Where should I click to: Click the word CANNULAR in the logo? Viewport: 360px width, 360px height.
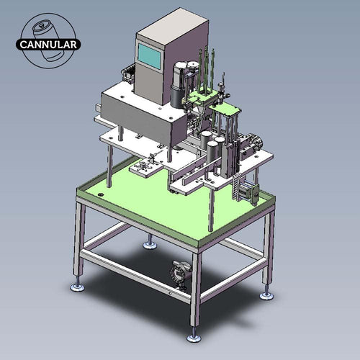tap(49, 43)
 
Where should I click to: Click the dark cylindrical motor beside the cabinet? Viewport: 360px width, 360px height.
tap(177, 90)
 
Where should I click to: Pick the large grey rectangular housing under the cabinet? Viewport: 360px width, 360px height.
tap(140, 115)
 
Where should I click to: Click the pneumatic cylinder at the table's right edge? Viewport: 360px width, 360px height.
tap(250, 191)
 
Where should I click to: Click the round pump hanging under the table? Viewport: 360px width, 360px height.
tap(177, 274)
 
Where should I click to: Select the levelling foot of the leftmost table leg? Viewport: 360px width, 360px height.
tap(77, 286)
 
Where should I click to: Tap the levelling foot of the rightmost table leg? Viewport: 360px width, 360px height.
tap(267, 294)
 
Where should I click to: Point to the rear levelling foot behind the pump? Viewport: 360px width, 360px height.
tap(150, 244)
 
